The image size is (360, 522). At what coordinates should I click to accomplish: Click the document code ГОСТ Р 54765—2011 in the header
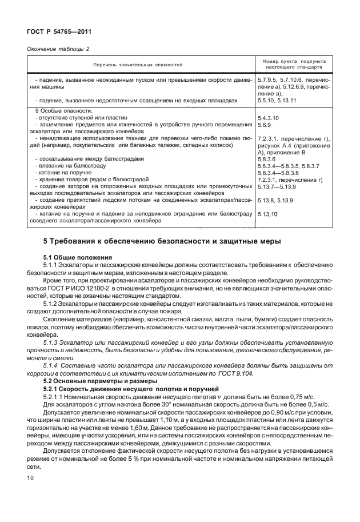pos(59,33)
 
